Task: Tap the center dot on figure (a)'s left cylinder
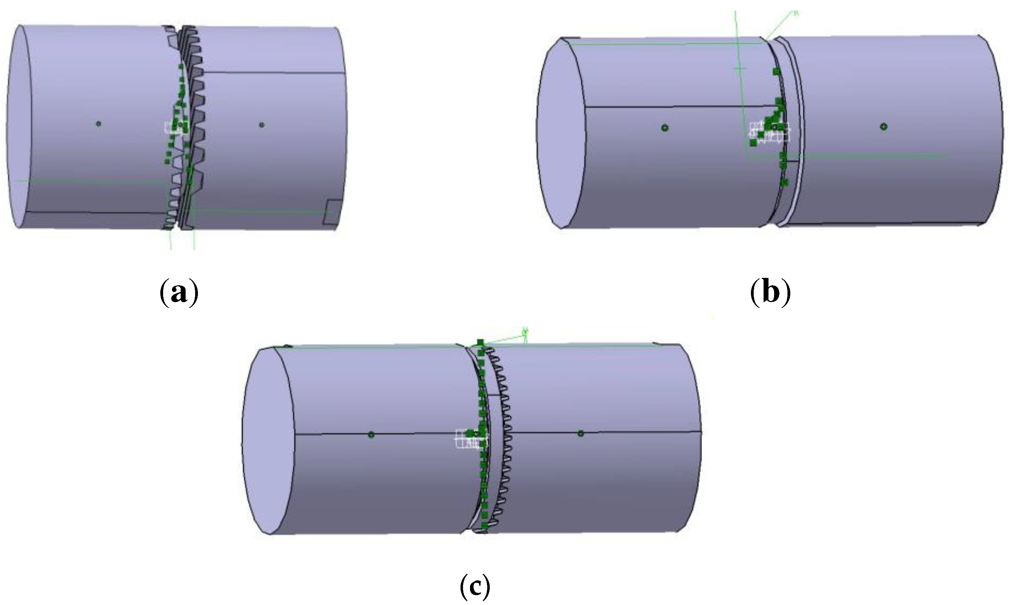(x=98, y=124)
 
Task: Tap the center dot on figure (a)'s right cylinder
(x=262, y=125)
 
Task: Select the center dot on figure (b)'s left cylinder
(x=664, y=128)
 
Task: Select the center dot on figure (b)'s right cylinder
(x=883, y=127)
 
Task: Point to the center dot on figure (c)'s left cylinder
(x=371, y=435)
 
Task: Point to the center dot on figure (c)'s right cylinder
(x=580, y=433)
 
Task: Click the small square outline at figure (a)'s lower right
(x=334, y=212)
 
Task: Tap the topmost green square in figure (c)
(x=480, y=342)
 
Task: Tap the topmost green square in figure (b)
(x=776, y=72)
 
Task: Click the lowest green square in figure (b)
(x=784, y=182)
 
